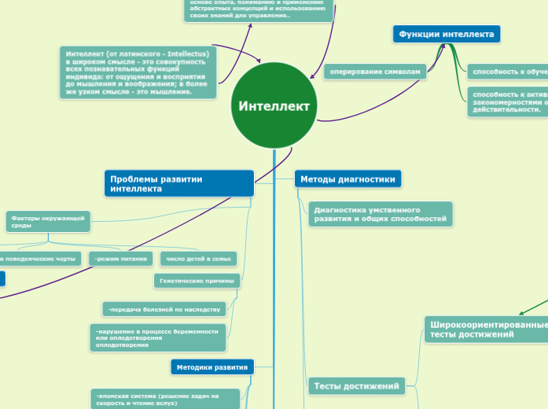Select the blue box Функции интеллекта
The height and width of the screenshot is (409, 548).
coord(446,35)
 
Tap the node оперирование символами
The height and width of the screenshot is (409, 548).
coord(375,72)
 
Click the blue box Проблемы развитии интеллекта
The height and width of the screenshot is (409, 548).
coord(178,184)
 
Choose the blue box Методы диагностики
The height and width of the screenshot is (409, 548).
coord(347,179)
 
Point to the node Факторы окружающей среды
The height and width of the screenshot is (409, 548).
coord(48,222)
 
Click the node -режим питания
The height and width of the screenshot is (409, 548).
coord(121,259)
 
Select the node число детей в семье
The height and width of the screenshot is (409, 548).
coord(198,259)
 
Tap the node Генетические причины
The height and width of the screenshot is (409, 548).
coord(197,280)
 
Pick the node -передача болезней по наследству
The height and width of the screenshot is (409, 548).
coord(164,308)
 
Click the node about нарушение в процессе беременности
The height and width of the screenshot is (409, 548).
coord(158,337)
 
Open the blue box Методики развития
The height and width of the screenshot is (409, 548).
coord(211,367)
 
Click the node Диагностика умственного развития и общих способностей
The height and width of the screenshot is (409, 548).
coord(380,214)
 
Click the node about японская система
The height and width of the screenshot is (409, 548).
coord(164,399)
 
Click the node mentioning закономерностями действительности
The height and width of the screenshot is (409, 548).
coord(507,101)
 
